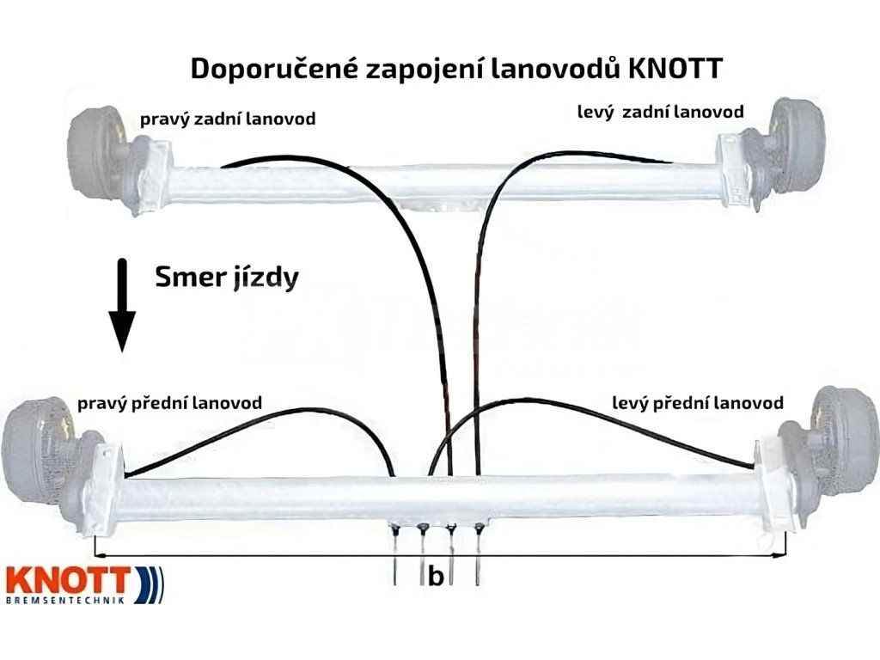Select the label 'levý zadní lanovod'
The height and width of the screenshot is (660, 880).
[x=660, y=112]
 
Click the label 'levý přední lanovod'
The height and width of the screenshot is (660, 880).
[x=698, y=402]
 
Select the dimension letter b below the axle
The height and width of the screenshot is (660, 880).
[x=436, y=577]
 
